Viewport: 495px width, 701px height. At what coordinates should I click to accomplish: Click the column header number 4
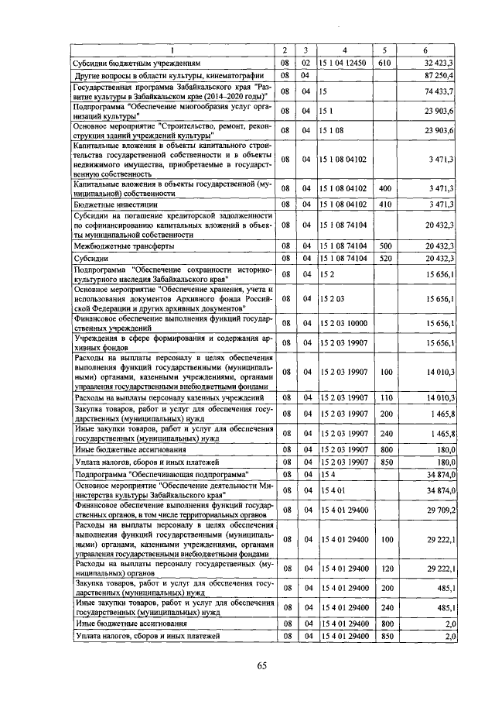click(x=345, y=48)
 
